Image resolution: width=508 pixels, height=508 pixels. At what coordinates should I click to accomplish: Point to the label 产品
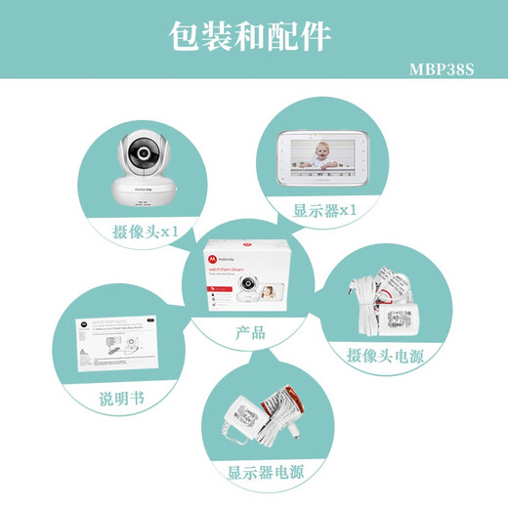tap(251, 332)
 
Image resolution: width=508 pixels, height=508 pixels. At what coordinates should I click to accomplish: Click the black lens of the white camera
tap(143, 155)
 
